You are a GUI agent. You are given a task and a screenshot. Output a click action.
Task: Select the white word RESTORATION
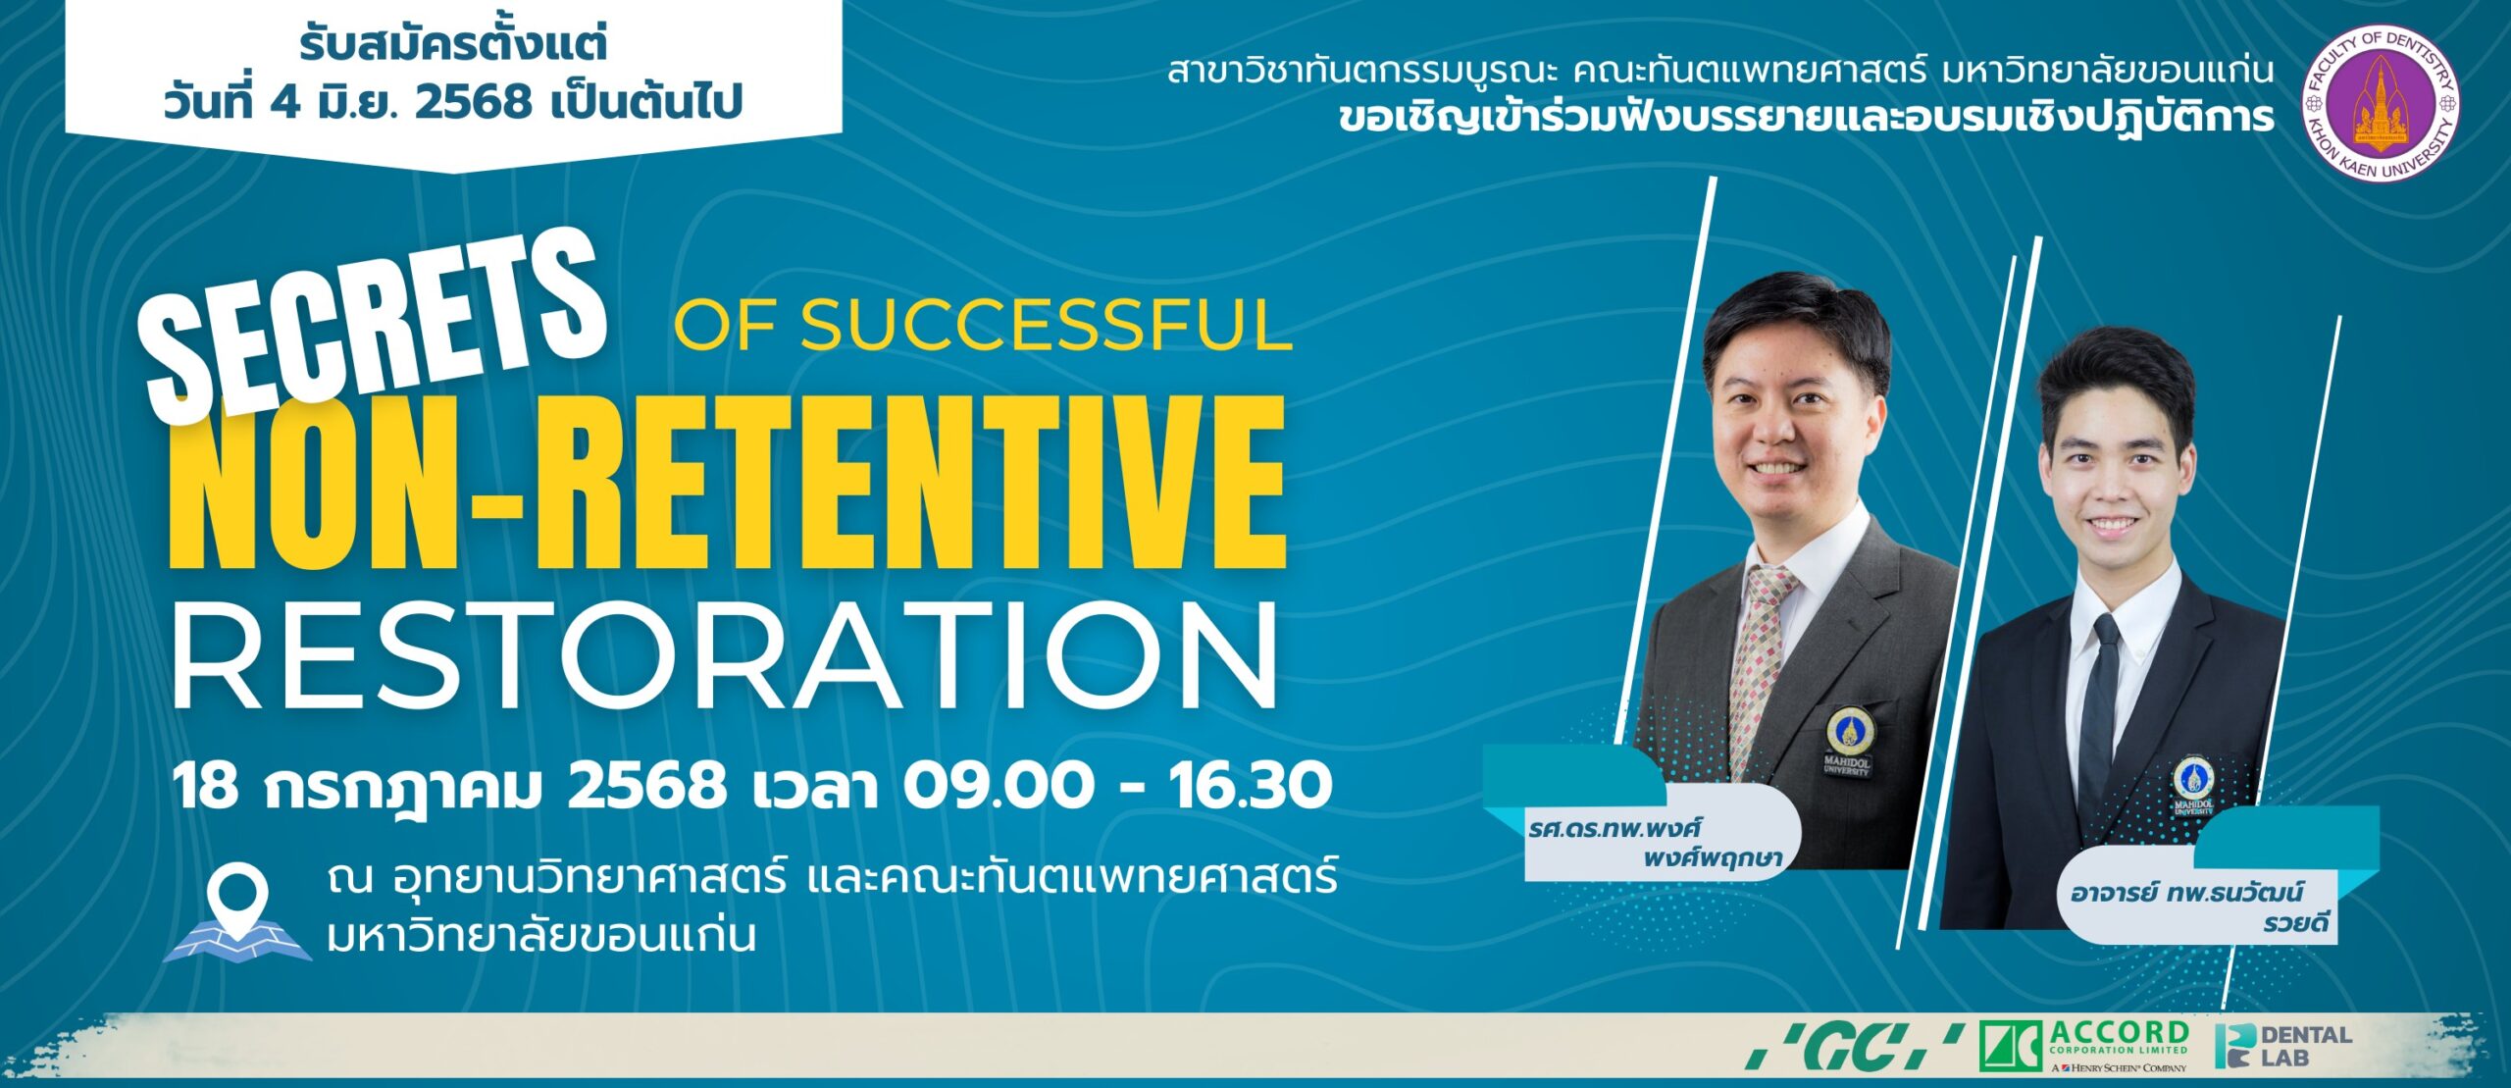725,655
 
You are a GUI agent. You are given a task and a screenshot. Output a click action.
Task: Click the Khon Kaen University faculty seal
2380,103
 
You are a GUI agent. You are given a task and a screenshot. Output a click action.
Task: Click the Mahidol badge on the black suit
2194,785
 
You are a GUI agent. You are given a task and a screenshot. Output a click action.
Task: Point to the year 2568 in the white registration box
473,102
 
